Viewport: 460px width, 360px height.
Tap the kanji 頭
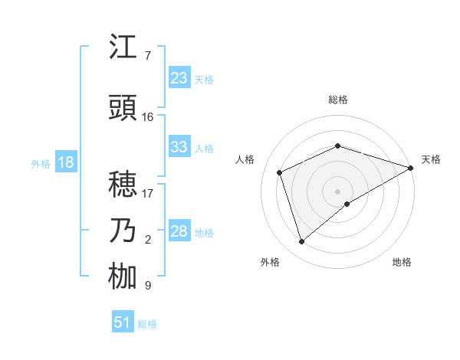click(x=123, y=109)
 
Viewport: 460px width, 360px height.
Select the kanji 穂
click(x=123, y=185)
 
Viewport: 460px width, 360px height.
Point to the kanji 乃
click(x=123, y=231)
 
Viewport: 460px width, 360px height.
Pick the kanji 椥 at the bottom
click(x=123, y=277)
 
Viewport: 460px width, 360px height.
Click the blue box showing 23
click(x=179, y=78)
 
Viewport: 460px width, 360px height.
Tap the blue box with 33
click(x=179, y=147)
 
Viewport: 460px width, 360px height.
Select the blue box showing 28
click(x=179, y=231)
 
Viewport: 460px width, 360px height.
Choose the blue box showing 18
click(x=65, y=162)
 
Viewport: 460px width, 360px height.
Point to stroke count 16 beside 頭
click(x=147, y=117)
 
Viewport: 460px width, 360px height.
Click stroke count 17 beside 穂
click(x=147, y=193)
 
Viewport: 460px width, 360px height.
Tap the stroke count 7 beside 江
click(x=147, y=56)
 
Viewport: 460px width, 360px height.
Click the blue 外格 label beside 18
click(x=41, y=163)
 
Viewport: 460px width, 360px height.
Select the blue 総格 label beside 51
click(x=147, y=324)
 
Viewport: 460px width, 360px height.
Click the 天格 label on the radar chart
click(x=431, y=159)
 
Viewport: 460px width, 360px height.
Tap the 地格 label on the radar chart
click(x=402, y=262)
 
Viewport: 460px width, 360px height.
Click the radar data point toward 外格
click(x=301, y=242)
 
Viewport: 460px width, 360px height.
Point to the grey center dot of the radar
click(x=337, y=191)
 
